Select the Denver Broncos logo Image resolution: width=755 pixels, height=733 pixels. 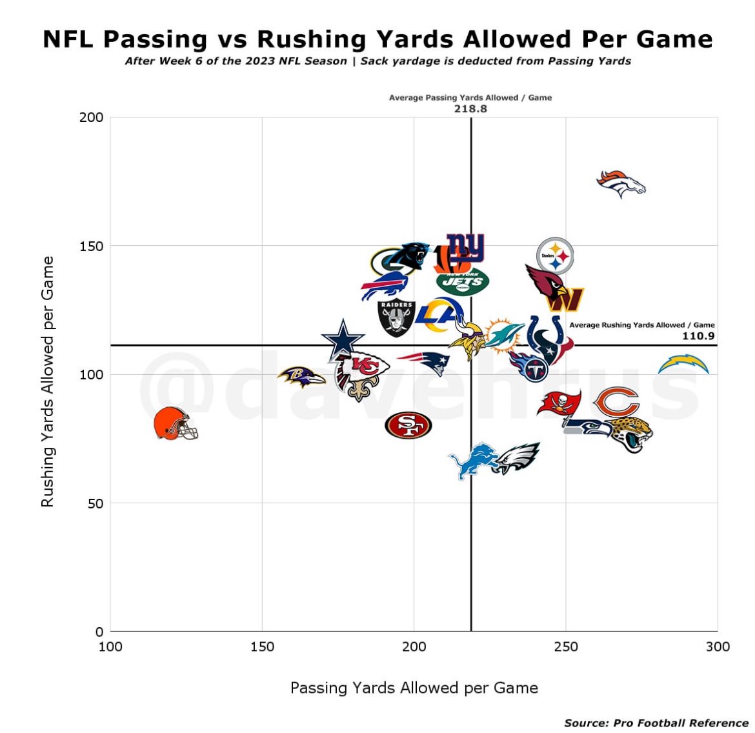[x=620, y=184]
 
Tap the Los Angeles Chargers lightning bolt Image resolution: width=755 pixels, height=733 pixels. [x=683, y=365]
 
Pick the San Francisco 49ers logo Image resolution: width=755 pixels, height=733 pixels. [x=408, y=425]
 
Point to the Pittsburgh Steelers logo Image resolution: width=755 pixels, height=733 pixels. [x=555, y=256]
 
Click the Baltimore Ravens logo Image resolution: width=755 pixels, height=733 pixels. [x=301, y=377]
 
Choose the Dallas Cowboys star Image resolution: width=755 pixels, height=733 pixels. [x=343, y=338]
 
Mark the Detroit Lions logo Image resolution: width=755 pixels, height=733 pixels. [x=472, y=461]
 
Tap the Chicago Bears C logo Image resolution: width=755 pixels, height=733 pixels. [x=616, y=402]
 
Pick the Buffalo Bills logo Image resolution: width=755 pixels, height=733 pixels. [x=384, y=286]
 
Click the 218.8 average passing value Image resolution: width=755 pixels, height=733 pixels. [x=470, y=109]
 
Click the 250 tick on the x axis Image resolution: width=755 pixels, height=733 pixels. [x=565, y=647]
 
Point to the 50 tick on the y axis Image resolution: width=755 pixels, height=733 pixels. [x=95, y=503]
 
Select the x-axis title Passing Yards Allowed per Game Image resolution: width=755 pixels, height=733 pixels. [x=414, y=688]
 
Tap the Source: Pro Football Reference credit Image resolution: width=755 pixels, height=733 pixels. [x=656, y=723]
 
